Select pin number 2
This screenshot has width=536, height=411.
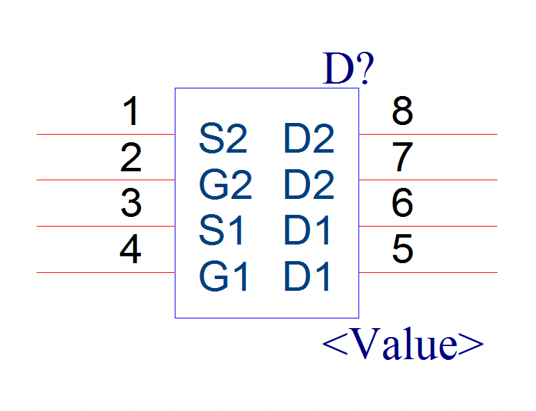click(131, 157)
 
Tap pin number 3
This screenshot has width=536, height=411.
click(131, 203)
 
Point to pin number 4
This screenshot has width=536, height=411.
click(131, 249)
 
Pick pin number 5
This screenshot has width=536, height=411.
click(402, 249)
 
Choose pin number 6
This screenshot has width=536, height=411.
click(402, 203)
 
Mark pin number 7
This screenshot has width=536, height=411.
click(402, 157)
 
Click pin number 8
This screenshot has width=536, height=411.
click(402, 111)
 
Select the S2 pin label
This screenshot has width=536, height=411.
click(223, 138)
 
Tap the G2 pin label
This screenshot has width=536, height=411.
click(225, 184)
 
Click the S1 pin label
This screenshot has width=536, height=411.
click(221, 230)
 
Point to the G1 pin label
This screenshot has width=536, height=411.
click(223, 276)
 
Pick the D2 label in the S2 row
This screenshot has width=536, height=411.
click(309, 138)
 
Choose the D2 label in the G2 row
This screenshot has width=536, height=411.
click(309, 184)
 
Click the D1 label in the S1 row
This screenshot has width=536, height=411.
click(307, 230)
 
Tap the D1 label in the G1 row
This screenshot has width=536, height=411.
click(307, 276)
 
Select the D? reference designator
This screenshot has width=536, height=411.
click(348, 68)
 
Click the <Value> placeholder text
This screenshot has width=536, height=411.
click(403, 343)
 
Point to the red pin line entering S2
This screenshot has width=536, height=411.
click(106, 135)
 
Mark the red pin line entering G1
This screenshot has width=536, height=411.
click(106, 273)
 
